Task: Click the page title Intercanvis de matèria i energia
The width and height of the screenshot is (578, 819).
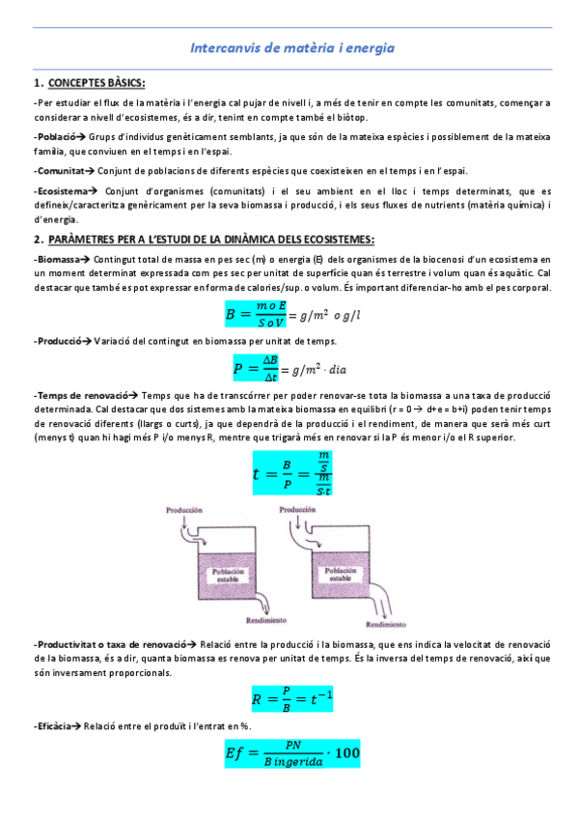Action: coord(291,47)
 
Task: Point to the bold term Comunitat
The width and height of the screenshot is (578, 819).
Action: coord(59,171)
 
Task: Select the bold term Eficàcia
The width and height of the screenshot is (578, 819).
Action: coord(54,724)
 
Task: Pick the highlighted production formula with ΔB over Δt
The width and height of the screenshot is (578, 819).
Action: coord(260,367)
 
